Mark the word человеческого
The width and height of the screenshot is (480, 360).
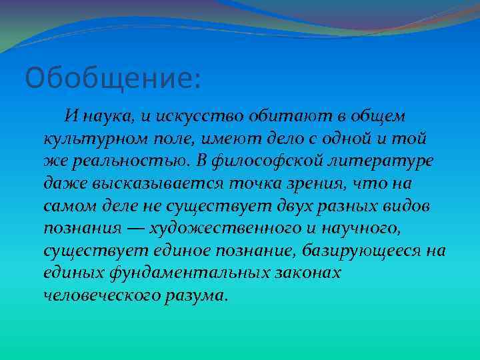pos(101,296)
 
